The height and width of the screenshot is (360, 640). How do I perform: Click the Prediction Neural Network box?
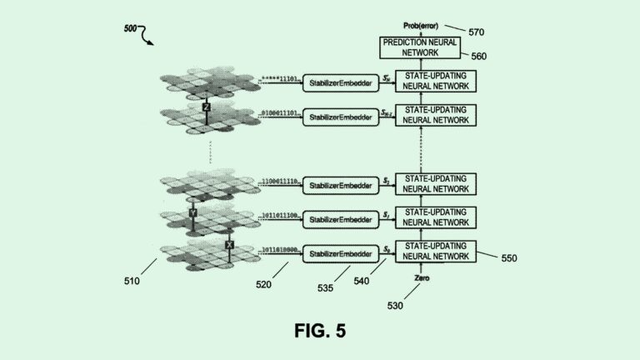point(422,48)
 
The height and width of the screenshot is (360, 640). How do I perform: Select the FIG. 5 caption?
point(320,330)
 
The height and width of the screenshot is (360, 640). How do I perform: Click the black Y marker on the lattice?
point(192,214)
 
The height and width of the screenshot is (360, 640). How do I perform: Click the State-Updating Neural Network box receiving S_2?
point(435,183)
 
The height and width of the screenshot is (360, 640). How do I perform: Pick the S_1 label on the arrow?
point(386,215)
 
